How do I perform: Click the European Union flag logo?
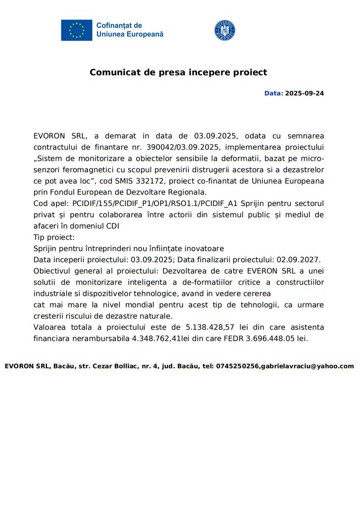77,30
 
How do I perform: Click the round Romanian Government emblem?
225,30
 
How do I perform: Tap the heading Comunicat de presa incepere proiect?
178,72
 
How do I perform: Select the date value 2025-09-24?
305,93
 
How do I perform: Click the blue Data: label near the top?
273,93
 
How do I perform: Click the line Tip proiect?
54,237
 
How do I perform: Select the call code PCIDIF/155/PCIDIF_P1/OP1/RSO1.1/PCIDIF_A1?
155,203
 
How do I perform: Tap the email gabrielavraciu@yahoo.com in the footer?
308,366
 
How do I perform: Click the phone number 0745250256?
237,366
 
